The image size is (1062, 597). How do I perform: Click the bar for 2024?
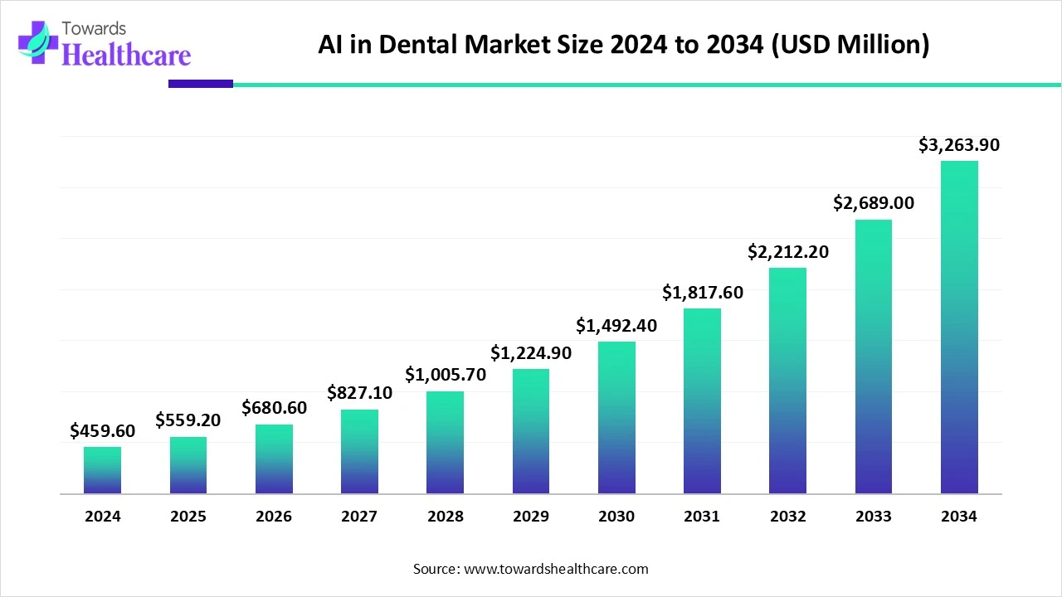click(x=102, y=470)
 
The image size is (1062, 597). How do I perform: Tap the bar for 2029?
click(x=531, y=431)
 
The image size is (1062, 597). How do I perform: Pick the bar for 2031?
click(x=702, y=401)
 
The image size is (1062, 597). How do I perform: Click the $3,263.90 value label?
click(x=959, y=145)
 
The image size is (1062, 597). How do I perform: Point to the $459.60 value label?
click(x=102, y=430)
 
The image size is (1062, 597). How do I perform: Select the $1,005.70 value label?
click(x=446, y=375)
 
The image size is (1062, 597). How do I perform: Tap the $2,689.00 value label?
click(x=874, y=203)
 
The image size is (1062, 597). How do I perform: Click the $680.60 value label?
click(x=274, y=408)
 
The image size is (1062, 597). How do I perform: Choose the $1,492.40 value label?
click(x=616, y=326)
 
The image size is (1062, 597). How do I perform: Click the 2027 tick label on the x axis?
click(x=359, y=517)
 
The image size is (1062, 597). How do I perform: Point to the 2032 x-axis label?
click(x=787, y=517)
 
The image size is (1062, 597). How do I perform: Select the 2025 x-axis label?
click(x=188, y=517)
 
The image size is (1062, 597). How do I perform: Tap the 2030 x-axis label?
click(x=616, y=517)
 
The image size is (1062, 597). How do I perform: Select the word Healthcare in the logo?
click(x=126, y=55)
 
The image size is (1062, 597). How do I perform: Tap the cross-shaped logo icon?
click(x=33, y=41)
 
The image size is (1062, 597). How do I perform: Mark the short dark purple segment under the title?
click(x=201, y=84)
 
